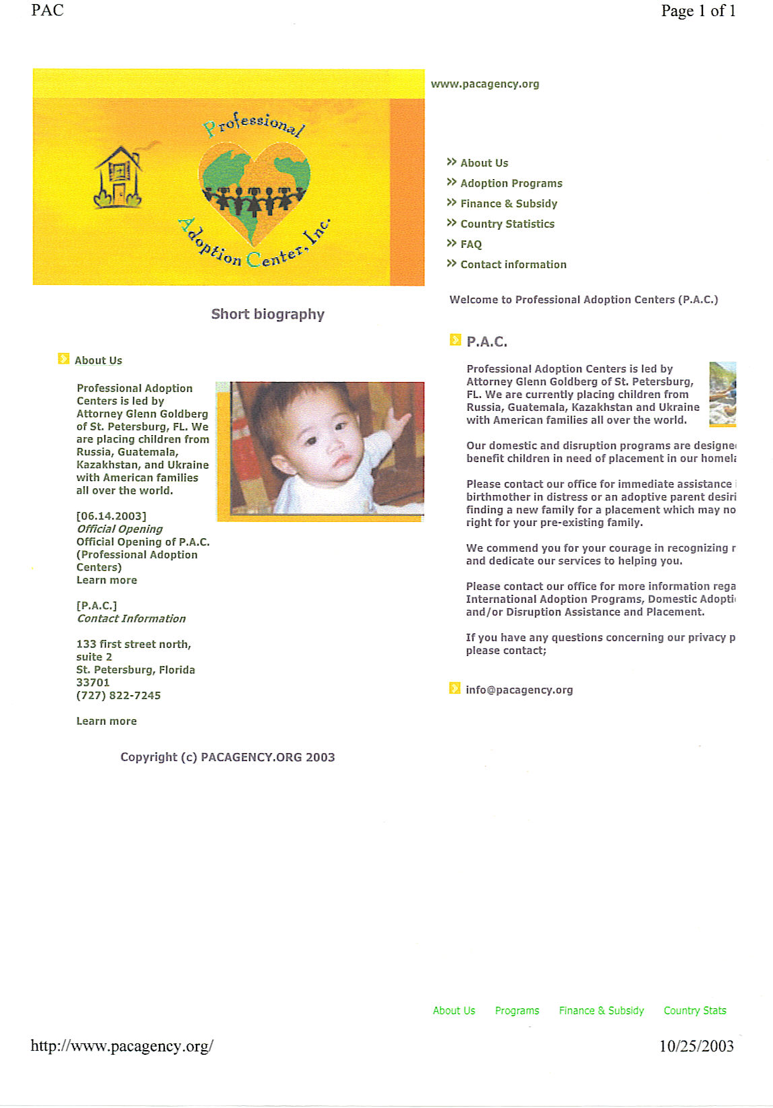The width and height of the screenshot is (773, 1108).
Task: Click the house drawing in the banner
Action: click(118, 177)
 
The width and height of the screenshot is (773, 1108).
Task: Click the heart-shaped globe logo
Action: click(255, 193)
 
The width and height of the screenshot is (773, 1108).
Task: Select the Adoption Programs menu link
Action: click(511, 183)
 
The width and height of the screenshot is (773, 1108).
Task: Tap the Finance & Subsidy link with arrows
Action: click(508, 203)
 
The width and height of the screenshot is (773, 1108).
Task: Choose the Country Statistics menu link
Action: click(507, 224)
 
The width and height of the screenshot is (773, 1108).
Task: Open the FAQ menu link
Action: click(471, 245)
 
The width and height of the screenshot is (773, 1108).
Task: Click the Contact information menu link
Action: click(513, 265)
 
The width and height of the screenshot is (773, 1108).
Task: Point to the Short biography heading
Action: click(268, 314)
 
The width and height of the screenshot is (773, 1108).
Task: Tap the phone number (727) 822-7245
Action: click(119, 696)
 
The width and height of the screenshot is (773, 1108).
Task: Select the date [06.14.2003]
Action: click(111, 517)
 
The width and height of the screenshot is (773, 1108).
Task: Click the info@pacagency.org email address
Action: click(519, 690)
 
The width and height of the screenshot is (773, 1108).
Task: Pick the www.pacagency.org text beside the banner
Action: click(485, 84)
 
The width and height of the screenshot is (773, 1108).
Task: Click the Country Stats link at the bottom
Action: click(695, 1010)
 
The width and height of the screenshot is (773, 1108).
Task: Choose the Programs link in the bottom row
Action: click(517, 1010)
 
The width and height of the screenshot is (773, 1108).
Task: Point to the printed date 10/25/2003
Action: click(696, 1046)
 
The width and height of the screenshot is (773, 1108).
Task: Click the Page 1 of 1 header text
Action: click(698, 11)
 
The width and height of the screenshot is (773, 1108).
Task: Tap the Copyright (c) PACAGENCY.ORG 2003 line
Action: click(228, 757)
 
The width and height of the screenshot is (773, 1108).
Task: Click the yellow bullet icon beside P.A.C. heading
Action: click(455, 340)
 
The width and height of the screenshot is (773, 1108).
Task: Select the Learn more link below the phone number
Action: click(106, 721)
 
